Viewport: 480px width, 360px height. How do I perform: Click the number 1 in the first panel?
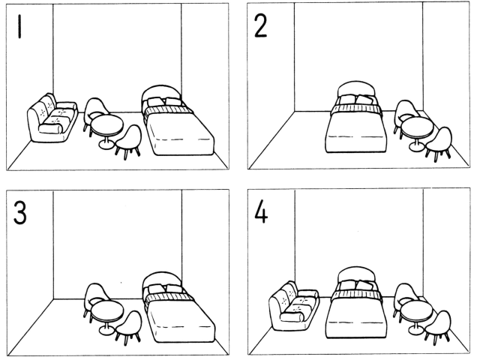(x=20, y=27)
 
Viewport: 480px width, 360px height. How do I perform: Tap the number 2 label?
(x=260, y=26)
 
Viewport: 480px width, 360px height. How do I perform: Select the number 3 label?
(x=20, y=213)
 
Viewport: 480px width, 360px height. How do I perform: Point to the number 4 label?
(x=261, y=211)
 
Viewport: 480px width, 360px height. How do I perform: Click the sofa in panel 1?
(x=52, y=118)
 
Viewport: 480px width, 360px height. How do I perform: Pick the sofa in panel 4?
(x=294, y=307)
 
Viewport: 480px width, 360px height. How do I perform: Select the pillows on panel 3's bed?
(x=165, y=288)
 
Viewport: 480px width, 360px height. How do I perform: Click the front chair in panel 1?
(x=128, y=142)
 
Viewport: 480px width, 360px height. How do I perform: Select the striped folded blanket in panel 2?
(x=356, y=109)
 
